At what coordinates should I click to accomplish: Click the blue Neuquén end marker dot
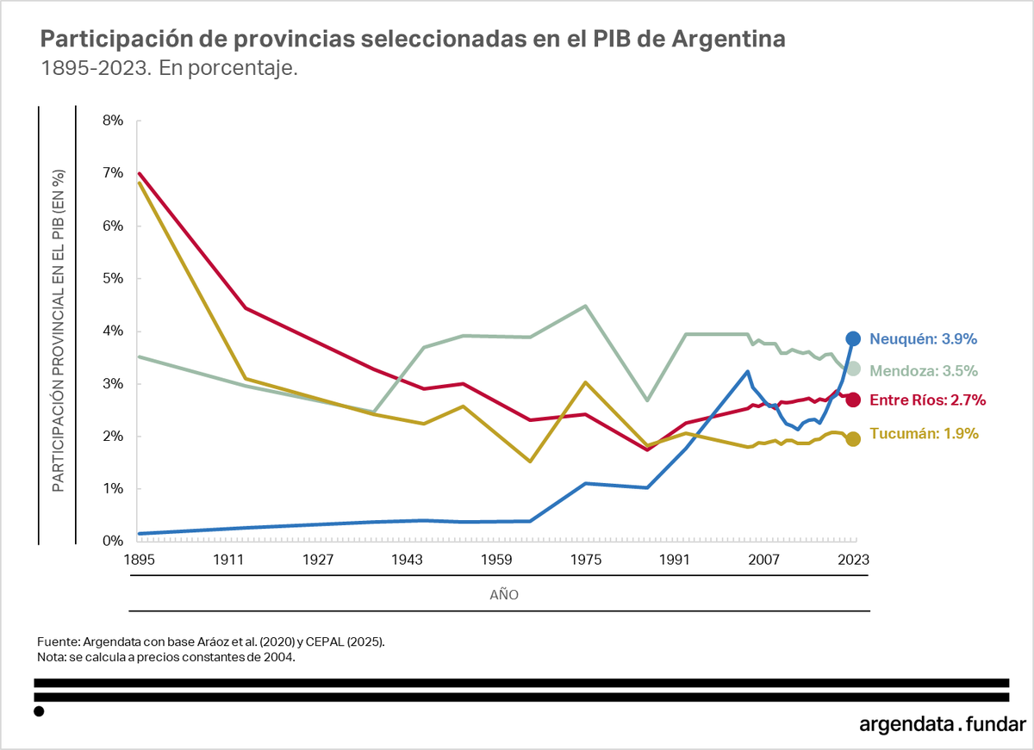click(852, 338)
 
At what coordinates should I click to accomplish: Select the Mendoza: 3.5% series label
click(923, 371)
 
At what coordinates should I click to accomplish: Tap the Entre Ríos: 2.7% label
click(927, 400)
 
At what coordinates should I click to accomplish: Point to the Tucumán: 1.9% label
click(924, 434)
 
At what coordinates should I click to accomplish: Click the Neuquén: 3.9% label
click(923, 338)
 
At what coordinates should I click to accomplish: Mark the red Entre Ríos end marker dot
click(852, 399)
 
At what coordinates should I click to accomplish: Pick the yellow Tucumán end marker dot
click(852, 439)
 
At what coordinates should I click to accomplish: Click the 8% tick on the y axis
click(114, 121)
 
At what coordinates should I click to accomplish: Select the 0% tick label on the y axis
click(114, 541)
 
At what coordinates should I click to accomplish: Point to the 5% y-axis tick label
click(114, 279)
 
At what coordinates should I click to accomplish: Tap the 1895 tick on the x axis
click(139, 560)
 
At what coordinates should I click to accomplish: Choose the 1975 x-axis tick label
click(585, 560)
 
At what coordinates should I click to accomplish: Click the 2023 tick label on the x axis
click(852, 560)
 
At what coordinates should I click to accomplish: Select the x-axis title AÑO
click(504, 595)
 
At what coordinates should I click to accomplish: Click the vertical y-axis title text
click(58, 332)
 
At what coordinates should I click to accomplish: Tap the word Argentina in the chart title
click(727, 40)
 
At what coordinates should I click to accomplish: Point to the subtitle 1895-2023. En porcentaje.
click(170, 69)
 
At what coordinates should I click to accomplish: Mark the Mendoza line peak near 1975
click(585, 306)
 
